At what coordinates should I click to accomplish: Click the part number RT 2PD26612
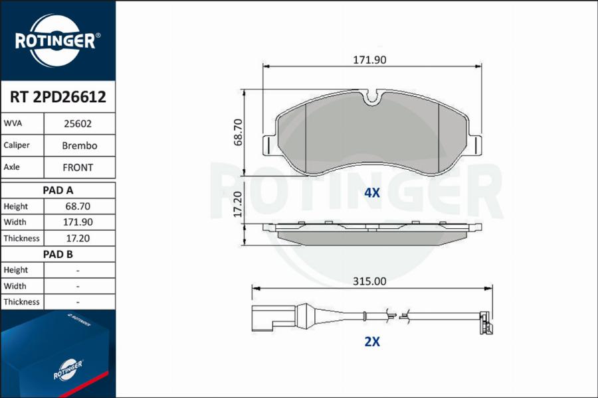point(58,97)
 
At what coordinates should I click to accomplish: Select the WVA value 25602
point(78,124)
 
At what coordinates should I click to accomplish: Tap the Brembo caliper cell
point(80,145)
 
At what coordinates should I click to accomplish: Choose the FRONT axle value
point(78,168)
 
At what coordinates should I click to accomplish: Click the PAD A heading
point(58,190)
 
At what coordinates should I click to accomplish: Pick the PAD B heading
point(58,254)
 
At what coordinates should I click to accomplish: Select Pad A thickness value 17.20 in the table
point(78,238)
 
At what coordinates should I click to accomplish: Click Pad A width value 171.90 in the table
point(78,222)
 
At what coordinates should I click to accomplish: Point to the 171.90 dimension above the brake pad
point(369,60)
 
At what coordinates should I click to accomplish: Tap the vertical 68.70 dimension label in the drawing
point(238,132)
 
